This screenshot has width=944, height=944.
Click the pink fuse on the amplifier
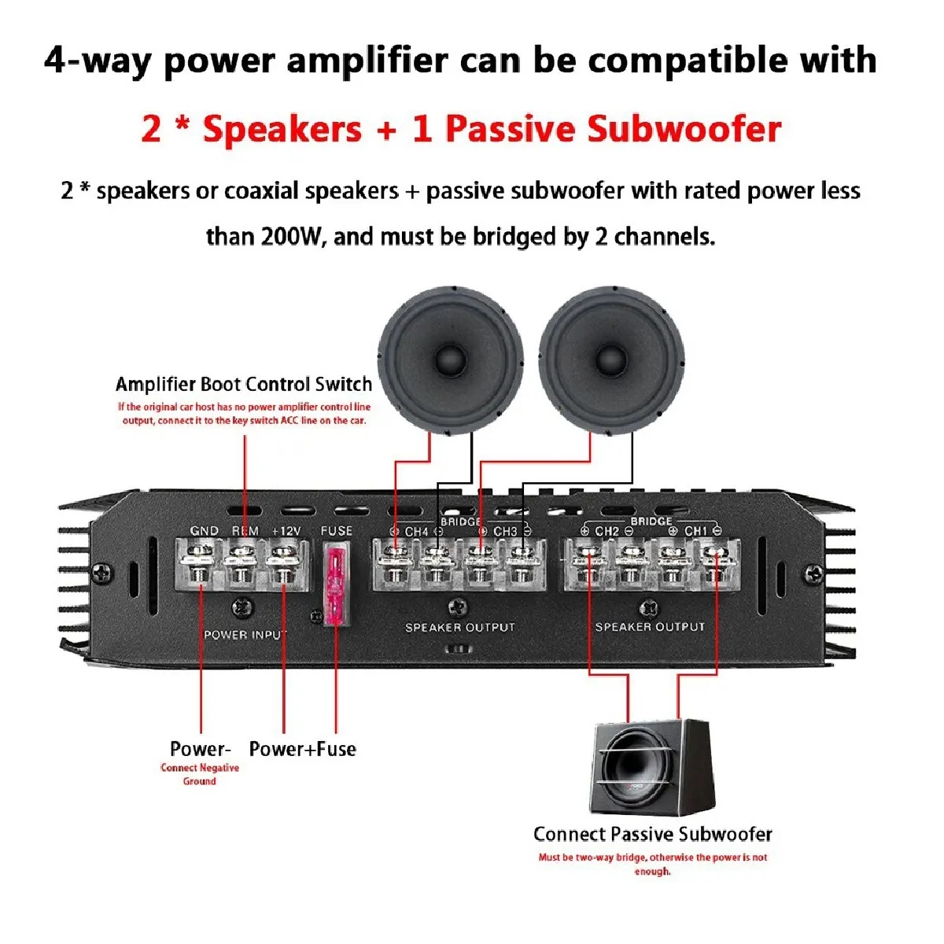coord(335,586)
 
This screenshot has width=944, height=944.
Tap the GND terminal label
coord(205,531)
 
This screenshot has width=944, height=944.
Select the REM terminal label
coord(245,531)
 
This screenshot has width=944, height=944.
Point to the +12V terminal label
coord(286,531)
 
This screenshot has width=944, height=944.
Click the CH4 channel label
coord(416,532)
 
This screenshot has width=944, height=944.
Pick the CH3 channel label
coord(505,532)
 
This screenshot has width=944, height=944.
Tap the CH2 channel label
coord(607,531)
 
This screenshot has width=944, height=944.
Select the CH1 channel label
coord(695,531)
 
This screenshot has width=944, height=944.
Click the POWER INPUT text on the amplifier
coord(245,635)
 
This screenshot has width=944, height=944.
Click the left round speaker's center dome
coord(450,359)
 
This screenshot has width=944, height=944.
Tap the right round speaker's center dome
coord(612,359)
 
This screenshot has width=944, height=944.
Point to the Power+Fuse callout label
coord(302,749)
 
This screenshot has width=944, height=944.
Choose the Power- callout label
coord(201,749)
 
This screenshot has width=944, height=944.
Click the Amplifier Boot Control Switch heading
coord(244,385)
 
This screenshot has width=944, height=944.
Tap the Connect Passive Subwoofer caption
coord(653,834)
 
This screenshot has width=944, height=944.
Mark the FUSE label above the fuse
coord(336,531)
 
